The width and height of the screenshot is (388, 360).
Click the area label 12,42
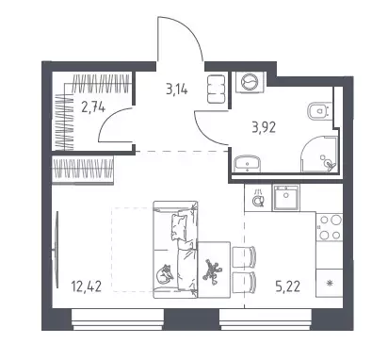87,286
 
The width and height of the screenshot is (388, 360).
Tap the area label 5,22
288,286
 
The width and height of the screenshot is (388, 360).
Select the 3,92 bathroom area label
264,127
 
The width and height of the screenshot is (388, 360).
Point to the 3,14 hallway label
177,90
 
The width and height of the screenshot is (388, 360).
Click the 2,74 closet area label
93,107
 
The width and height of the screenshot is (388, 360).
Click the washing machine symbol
251,82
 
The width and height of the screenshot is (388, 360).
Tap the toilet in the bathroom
319,111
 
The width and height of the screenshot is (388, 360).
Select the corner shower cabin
319,154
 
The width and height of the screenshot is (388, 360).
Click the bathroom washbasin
248,163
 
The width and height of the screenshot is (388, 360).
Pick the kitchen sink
285,197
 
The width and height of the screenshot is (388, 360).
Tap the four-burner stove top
329,226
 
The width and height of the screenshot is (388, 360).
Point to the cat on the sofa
165,273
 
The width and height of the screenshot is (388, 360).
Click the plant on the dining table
212,270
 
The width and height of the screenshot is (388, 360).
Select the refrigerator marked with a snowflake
329,283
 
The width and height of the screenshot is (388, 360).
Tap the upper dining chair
244,256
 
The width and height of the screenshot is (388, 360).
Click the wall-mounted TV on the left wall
57,250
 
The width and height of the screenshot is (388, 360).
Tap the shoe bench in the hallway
216,89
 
